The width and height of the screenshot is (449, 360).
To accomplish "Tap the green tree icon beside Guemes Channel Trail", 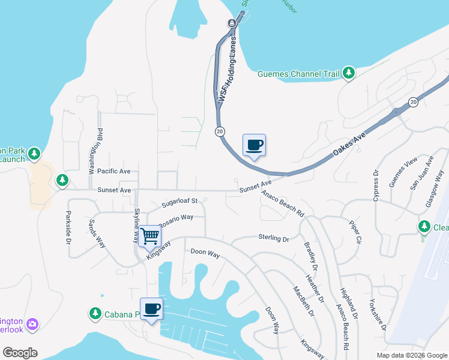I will coord(348,73).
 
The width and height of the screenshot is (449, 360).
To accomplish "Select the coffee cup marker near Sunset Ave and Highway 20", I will coord(254,145).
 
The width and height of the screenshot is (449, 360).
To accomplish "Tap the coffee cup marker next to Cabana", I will coord(151,308).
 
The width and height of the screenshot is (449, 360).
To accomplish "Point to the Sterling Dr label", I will coord(274,238).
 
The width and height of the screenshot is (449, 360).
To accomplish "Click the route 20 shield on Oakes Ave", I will coord(414,103).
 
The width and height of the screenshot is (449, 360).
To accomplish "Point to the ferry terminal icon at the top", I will coord(232,23).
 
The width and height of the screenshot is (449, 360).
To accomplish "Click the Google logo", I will coord(20,352).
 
